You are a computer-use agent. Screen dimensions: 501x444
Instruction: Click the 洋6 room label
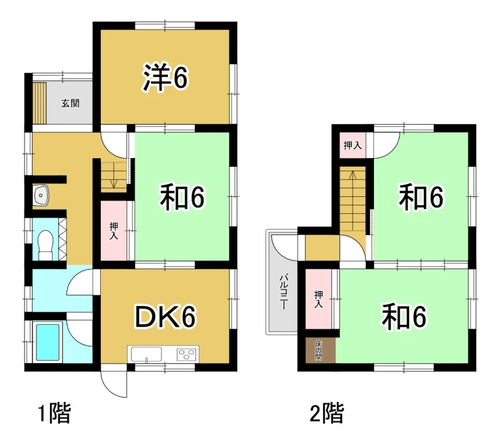pos(165,77)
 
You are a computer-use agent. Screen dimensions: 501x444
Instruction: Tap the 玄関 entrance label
pos(70,103)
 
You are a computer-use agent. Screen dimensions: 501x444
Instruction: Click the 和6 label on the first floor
pos(182,198)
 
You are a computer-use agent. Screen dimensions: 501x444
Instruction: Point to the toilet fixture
pos(45,245)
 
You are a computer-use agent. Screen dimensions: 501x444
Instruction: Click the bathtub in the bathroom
pos(48,342)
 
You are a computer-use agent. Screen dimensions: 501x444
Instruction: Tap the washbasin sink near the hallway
pos(41,195)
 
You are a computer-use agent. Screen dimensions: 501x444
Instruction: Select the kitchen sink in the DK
pos(147,354)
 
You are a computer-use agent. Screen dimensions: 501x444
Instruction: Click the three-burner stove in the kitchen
pos(187,355)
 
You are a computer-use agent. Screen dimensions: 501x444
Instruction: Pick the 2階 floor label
pos(327,413)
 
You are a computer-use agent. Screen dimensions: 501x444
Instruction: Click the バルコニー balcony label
pos(284,292)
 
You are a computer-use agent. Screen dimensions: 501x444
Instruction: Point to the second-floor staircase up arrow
pos(353,176)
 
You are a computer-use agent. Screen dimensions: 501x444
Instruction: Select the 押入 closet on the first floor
pos(114,231)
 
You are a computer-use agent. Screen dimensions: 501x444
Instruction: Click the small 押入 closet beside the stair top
pos(353,145)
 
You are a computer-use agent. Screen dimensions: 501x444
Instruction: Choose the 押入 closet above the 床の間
pos(319,299)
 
